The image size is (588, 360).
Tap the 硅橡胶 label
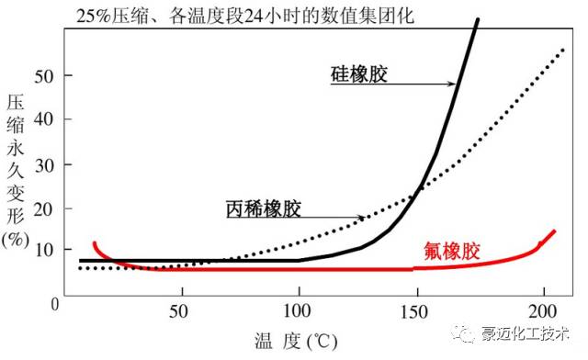pos(358,73)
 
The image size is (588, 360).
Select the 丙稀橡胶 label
pos(264,209)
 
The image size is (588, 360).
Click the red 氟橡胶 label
pos(452,251)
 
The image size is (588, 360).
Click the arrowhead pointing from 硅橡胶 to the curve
pos(453,84)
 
